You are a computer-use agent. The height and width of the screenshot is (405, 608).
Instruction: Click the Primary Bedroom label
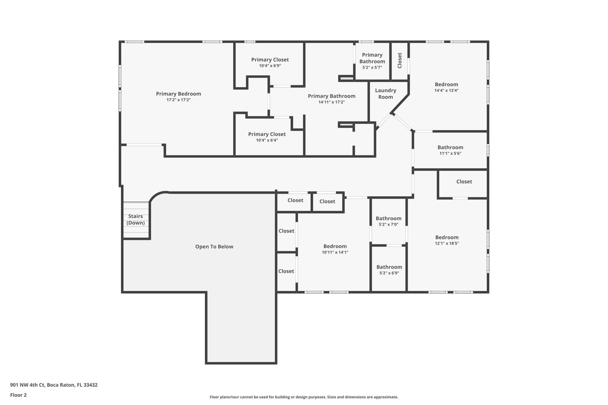coord(178,94)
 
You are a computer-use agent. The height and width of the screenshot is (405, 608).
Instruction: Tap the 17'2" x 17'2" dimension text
coord(178,100)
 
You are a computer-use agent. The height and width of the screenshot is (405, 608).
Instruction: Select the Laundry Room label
coord(385,94)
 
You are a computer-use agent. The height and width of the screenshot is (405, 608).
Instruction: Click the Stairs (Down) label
coord(136,219)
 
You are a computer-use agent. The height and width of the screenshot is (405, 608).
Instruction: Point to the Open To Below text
coord(214,246)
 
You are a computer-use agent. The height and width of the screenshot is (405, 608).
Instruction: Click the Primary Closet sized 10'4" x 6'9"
coord(270,62)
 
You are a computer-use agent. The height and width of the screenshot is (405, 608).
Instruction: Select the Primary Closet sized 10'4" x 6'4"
coord(267,137)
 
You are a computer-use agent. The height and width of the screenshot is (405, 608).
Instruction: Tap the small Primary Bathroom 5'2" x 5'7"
coord(372,61)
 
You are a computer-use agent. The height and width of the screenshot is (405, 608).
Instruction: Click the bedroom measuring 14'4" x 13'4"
coord(446,87)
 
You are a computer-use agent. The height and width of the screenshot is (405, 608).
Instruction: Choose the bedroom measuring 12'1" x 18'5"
coord(446,240)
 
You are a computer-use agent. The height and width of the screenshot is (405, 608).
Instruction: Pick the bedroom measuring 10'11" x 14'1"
coord(335,249)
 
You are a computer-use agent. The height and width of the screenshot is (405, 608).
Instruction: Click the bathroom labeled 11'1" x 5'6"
coord(450,150)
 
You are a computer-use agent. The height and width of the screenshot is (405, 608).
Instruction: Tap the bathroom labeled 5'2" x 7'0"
coord(388,221)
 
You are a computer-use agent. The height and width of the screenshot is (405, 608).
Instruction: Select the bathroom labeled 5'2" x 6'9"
coord(389,270)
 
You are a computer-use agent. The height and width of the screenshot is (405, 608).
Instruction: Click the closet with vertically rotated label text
coord(399,60)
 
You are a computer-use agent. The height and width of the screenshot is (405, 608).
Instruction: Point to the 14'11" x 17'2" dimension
coord(331,102)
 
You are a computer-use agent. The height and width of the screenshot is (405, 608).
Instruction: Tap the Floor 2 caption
coord(18,395)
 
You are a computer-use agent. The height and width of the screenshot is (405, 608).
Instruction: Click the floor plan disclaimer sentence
coord(304,397)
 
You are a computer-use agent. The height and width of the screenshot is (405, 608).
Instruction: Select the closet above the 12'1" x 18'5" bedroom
coord(464,182)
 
